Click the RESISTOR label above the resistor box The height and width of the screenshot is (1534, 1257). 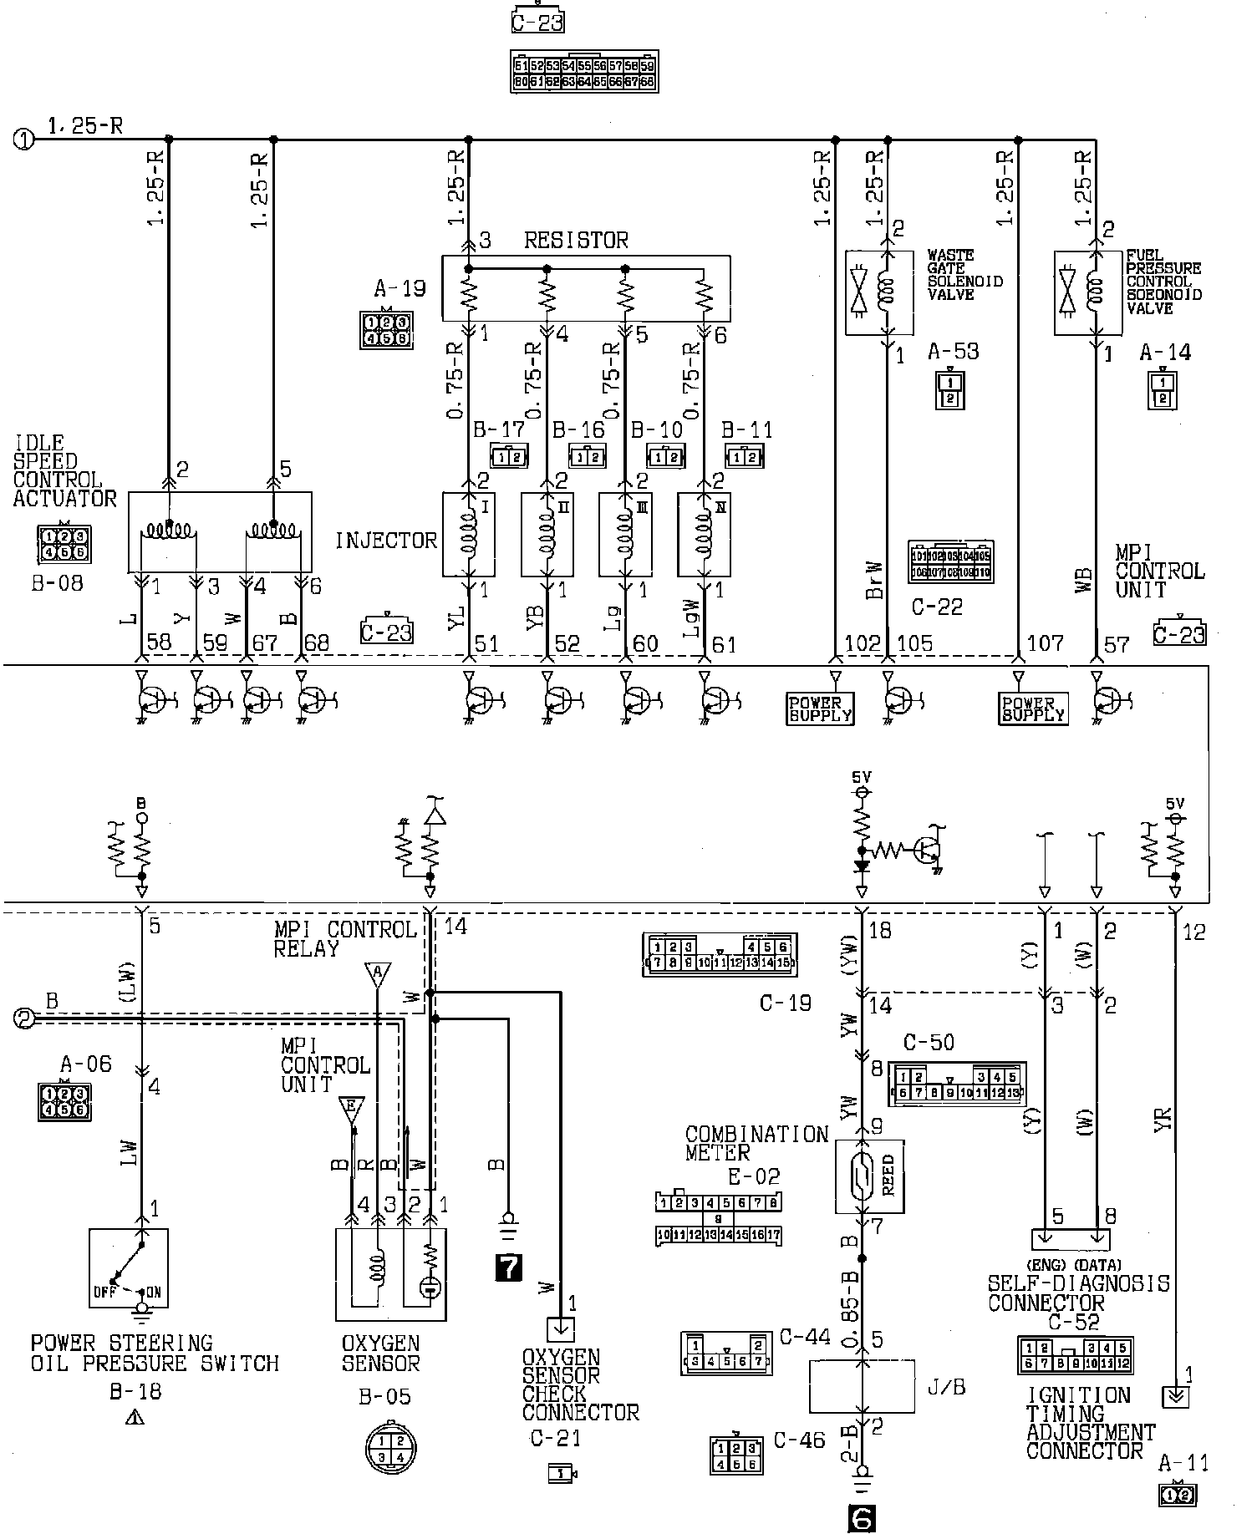point(575,241)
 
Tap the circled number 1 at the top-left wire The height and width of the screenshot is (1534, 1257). point(24,140)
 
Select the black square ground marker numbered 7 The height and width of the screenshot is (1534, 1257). point(508,1268)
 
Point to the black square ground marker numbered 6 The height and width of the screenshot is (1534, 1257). point(861,1518)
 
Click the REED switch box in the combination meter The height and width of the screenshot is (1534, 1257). point(869,1176)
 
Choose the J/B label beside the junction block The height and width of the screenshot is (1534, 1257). point(946,1388)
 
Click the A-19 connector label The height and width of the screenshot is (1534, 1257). point(399,289)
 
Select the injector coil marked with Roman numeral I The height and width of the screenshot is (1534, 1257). point(468,535)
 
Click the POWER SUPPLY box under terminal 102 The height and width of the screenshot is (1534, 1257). point(821,709)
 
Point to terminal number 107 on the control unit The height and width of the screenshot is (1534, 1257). point(1046,643)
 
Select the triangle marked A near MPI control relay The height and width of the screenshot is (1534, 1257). point(378,974)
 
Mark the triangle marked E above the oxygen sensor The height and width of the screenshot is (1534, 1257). point(351,1110)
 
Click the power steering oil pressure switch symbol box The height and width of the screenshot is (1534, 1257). point(129,1267)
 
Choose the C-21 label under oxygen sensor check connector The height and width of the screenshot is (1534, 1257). point(555,1438)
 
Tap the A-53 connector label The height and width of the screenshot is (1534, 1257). point(953,352)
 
